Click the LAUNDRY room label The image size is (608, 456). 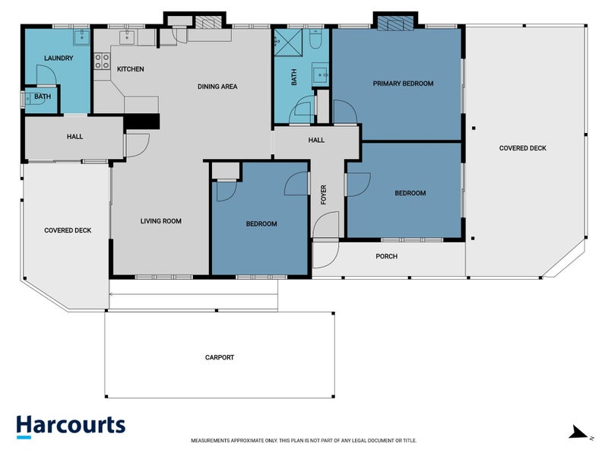click(59, 59)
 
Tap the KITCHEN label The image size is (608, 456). click(130, 69)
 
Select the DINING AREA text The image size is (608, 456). click(217, 87)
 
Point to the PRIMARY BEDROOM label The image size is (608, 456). click(403, 84)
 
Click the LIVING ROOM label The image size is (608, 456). click(161, 221)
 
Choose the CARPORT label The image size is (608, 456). click(220, 357)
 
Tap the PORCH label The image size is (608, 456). click(387, 256)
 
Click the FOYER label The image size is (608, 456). click(324, 195)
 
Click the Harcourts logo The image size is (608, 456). click(71, 426)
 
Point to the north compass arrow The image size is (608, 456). click(580, 432)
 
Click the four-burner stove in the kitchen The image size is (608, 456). click(102, 62)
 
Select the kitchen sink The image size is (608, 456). click(127, 37)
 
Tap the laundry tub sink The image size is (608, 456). click(82, 37)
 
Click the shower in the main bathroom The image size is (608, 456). click(288, 43)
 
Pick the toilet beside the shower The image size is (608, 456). click(315, 39)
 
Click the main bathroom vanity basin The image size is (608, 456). click(321, 74)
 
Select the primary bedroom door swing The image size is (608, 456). click(345, 112)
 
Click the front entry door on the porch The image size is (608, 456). click(326, 254)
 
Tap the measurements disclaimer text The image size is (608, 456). click(303, 441)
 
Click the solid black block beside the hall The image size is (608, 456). click(142, 122)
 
